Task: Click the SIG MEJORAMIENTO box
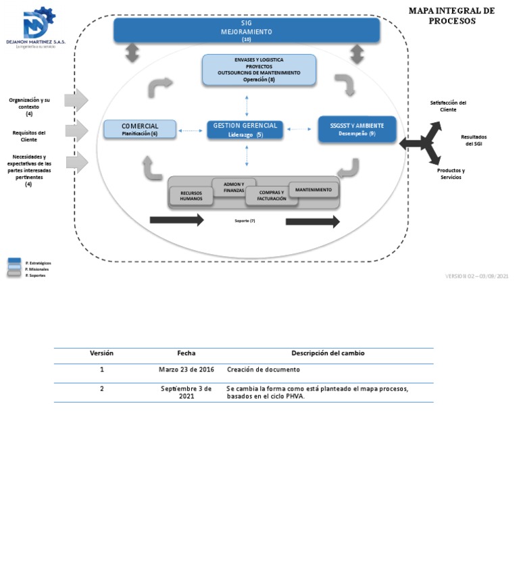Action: tap(246, 30)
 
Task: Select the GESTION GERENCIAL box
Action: tap(245, 130)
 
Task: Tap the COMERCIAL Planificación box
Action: tap(140, 129)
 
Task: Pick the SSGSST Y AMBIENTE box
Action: tap(357, 129)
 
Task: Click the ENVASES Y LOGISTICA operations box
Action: tap(259, 70)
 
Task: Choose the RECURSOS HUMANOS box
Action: tap(191, 196)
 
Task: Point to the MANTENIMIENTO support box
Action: tap(314, 190)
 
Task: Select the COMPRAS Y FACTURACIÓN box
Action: tap(272, 196)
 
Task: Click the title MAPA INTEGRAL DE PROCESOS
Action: tap(451, 16)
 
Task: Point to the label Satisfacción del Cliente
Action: tap(448, 106)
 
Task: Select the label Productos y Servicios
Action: tap(451, 174)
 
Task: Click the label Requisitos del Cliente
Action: tap(29, 136)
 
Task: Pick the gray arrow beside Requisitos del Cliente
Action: tap(76, 130)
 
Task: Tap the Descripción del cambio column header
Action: tap(328, 353)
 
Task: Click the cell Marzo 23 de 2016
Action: tap(187, 370)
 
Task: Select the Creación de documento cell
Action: tap(264, 370)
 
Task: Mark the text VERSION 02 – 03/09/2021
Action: tap(476, 276)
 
